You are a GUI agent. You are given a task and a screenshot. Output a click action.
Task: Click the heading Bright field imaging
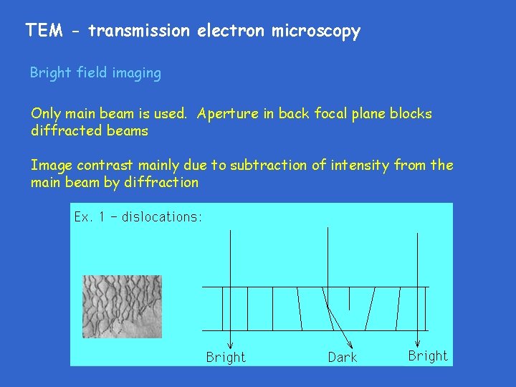95,73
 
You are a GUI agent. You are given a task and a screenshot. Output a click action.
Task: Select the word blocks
411,114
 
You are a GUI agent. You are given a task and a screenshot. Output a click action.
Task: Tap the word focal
330,114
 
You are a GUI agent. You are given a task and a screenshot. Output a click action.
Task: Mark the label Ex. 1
89,217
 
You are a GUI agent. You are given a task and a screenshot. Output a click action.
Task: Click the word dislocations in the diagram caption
161,217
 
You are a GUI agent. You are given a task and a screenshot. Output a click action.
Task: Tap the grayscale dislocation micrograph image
122,307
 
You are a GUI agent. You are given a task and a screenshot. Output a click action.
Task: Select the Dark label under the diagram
342,357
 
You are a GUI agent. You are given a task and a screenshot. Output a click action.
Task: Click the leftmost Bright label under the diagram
226,357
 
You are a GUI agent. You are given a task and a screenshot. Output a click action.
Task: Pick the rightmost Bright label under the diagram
428,355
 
